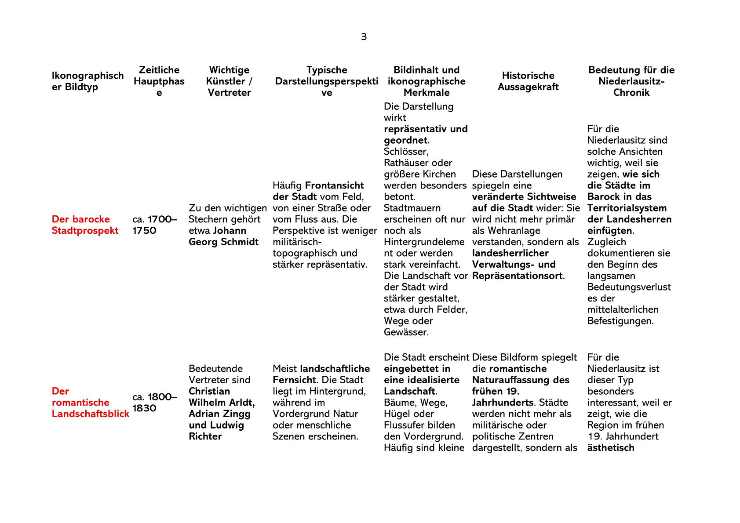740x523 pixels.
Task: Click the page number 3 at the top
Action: tap(364, 37)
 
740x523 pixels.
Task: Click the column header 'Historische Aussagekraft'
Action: tap(528, 81)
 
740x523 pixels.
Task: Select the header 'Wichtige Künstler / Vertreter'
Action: tap(229, 81)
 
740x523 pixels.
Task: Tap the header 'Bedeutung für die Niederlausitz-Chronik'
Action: tap(631, 81)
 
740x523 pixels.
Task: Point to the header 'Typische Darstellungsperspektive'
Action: tap(326, 81)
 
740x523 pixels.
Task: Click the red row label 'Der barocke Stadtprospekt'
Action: tap(85, 225)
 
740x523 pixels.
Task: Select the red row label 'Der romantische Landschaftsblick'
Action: tap(90, 403)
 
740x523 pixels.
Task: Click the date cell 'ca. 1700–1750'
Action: tap(154, 225)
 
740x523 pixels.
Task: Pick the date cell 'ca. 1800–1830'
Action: tap(154, 403)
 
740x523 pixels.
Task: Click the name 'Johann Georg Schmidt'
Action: tap(223, 236)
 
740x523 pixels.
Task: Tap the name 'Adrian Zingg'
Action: tap(219, 414)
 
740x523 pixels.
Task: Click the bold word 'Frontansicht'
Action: tap(334, 185)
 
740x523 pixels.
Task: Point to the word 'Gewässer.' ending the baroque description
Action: tap(406, 332)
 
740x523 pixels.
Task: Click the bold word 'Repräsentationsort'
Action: tap(517, 276)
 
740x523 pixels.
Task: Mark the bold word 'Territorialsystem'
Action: tap(627, 208)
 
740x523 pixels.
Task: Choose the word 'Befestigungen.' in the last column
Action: tap(620, 321)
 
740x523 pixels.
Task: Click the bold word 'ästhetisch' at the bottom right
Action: tap(610, 448)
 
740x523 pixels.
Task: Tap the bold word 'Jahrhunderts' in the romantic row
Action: tap(503, 403)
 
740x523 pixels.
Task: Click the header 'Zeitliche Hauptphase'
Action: tap(159, 81)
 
